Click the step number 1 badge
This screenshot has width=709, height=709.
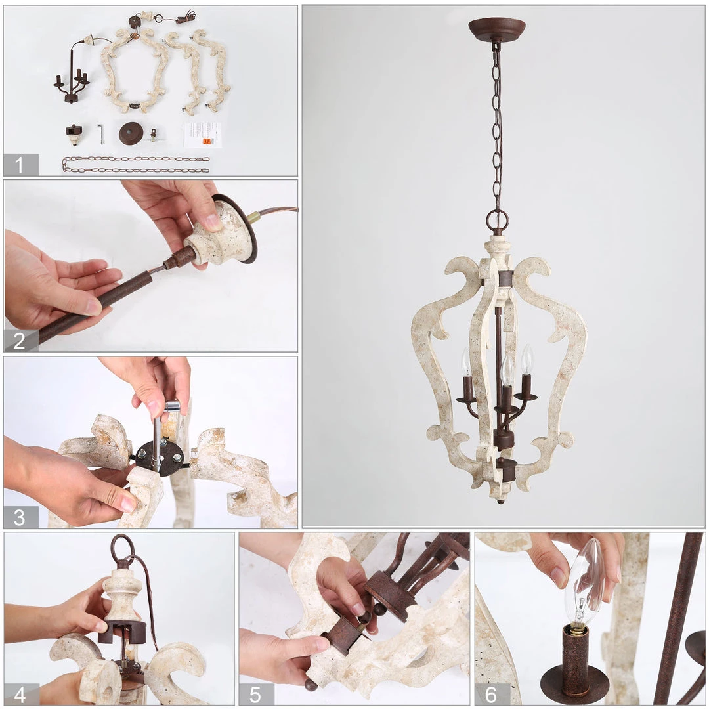pyautogui.click(x=20, y=165)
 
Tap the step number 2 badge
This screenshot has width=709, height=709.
pyautogui.click(x=20, y=340)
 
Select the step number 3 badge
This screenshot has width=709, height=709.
pyautogui.click(x=20, y=517)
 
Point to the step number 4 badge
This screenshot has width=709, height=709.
pyautogui.click(x=20, y=694)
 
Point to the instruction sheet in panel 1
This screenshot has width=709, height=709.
pyautogui.click(x=202, y=134)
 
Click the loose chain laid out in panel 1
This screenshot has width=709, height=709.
pyautogui.click(x=136, y=164)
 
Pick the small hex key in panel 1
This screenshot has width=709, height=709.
pyautogui.click(x=101, y=134)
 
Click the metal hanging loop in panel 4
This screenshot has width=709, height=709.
pyautogui.click(x=121, y=550)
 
